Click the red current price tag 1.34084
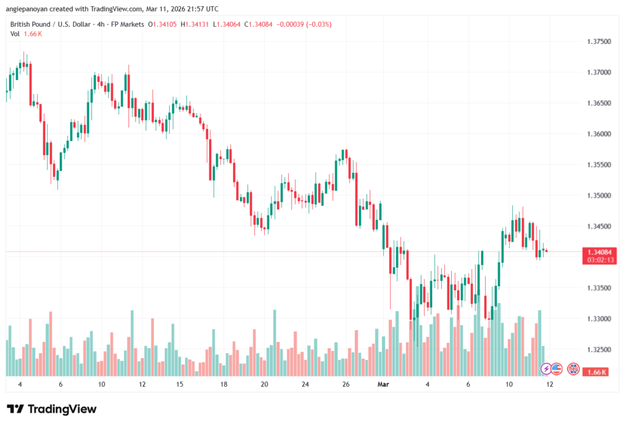point(599,252)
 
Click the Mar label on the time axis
point(383,384)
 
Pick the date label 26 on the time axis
point(346,384)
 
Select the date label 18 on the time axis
point(225,384)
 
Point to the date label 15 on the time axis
point(180,384)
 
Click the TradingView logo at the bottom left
point(52,409)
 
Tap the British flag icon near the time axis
point(573,369)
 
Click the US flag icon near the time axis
point(557,369)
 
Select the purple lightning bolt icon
point(546,369)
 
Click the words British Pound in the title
point(32,24)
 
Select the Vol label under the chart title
point(15,34)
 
